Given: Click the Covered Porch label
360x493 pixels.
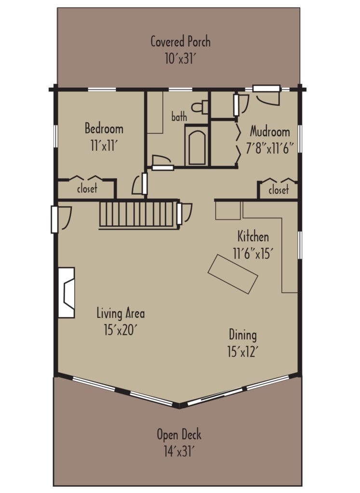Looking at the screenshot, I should pyautogui.click(x=180, y=41).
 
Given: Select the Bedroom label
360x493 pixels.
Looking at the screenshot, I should pyautogui.click(x=104, y=129).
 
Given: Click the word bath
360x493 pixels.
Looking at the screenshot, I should pyautogui.click(x=179, y=117).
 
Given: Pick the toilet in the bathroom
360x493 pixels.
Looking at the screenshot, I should pyautogui.click(x=200, y=106).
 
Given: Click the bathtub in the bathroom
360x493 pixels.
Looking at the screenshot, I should pyautogui.click(x=196, y=145).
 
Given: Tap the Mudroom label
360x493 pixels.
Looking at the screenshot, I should pyautogui.click(x=270, y=131).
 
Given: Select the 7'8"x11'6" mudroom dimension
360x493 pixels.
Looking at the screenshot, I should pyautogui.click(x=270, y=148).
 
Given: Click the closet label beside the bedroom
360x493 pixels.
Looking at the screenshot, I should pyautogui.click(x=87, y=189).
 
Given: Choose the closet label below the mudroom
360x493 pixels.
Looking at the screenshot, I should pyautogui.click(x=278, y=190).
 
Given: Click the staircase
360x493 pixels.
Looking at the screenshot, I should pyautogui.click(x=138, y=214).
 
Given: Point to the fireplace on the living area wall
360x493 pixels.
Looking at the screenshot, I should pyautogui.click(x=67, y=292).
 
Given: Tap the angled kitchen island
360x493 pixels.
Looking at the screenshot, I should pyautogui.click(x=233, y=274).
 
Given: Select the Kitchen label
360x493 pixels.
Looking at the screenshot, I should pyautogui.click(x=253, y=237).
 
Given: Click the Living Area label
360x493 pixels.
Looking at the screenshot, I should pyautogui.click(x=120, y=314).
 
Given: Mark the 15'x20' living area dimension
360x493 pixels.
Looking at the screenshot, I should pyautogui.click(x=120, y=331).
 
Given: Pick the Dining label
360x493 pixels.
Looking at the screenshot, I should pyautogui.click(x=242, y=335).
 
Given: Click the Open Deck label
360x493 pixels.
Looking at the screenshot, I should pyautogui.click(x=179, y=435).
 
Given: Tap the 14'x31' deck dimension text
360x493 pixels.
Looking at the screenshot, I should pyautogui.click(x=179, y=452).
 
